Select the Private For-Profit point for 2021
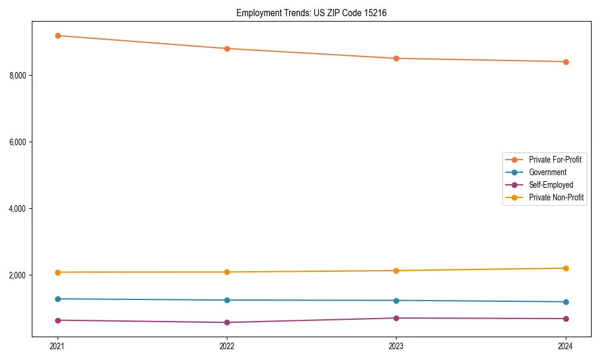coord(58,36)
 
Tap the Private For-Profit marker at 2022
coord(227,49)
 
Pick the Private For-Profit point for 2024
coord(566,62)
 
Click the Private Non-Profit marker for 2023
coord(396,271)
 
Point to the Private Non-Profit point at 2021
coord(58,272)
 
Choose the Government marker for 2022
coord(227,300)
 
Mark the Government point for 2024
coord(566,302)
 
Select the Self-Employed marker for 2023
coord(396,318)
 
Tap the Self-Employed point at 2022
coord(227,323)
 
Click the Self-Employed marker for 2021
coord(58,320)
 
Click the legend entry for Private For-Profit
coord(554,160)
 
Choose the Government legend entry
coord(547,172)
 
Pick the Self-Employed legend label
coord(551,185)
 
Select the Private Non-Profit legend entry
coord(556,197)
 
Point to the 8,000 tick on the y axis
coord(17,76)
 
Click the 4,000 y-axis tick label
coord(17,209)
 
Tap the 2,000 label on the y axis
coord(17,275)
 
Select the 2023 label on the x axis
coord(396,346)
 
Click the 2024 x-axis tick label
coord(566,346)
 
